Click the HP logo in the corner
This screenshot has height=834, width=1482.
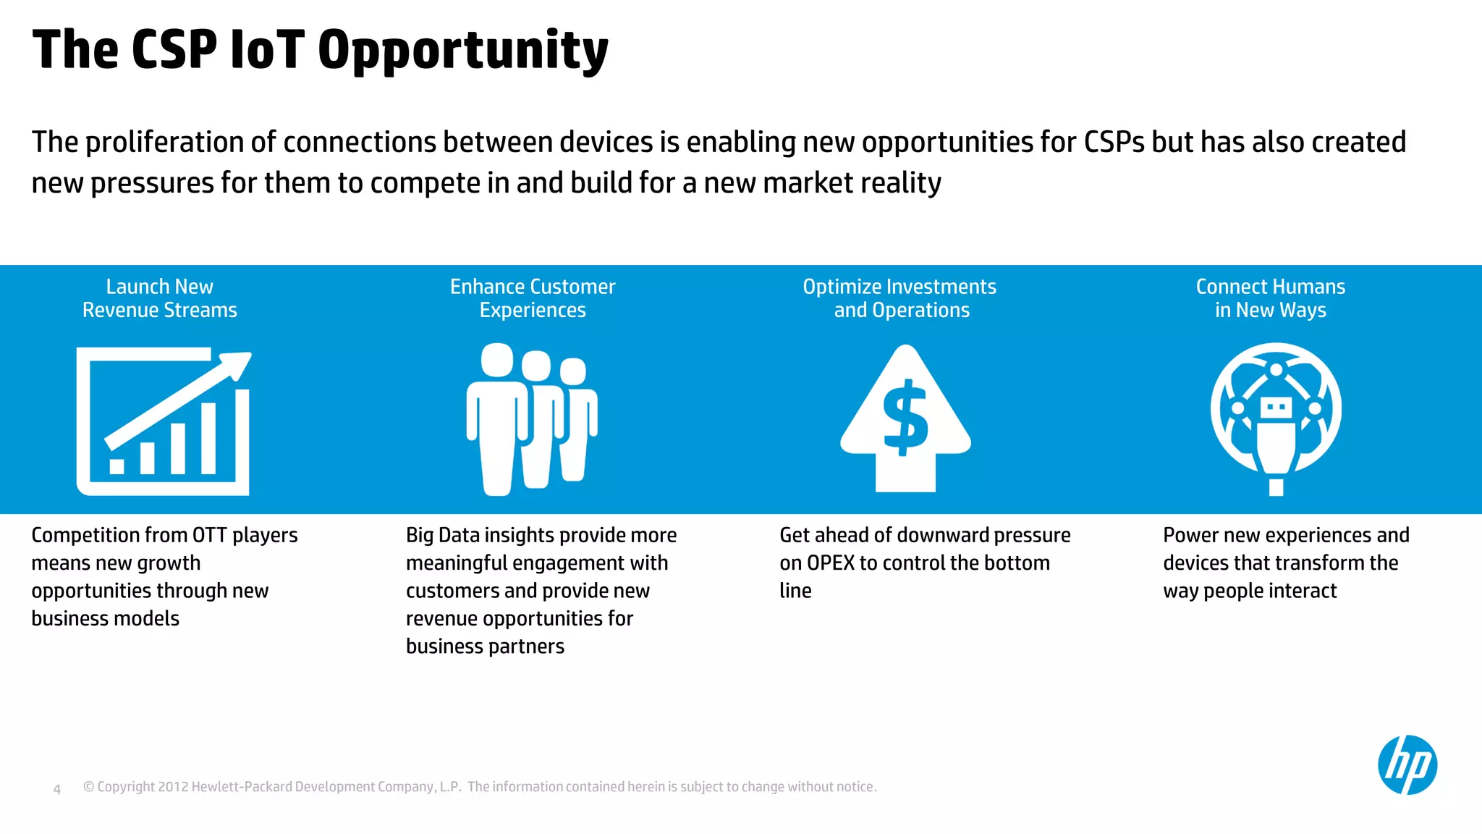[1407, 765]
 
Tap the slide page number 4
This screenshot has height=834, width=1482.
[57, 789]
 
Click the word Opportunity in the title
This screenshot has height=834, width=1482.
[463, 51]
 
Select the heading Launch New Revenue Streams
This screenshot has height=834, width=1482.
[159, 298]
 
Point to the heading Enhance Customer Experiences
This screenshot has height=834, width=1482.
[533, 298]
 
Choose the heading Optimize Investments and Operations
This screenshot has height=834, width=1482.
[899, 298]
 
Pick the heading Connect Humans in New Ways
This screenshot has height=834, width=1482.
[1270, 298]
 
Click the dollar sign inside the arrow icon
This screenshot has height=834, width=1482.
[905, 418]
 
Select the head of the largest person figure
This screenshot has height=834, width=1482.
[497, 360]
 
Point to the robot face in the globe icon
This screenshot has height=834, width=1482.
[1276, 408]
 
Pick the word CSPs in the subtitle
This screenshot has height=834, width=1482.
[1114, 143]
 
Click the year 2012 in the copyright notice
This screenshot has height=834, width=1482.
[173, 787]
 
